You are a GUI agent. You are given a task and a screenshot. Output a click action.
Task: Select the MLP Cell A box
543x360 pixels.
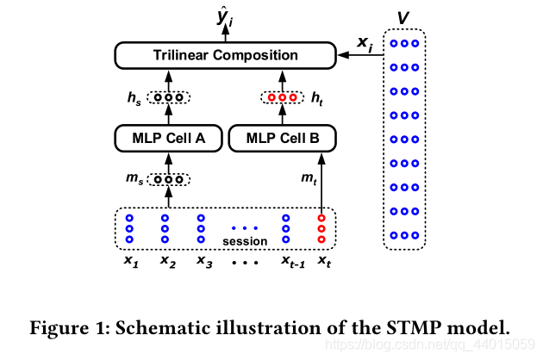click(169, 137)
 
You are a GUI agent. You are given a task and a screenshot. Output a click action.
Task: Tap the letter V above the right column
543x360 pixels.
click(403, 17)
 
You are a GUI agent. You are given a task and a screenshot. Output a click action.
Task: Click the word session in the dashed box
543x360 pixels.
click(246, 240)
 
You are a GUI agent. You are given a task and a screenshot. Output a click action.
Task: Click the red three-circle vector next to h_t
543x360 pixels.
click(282, 97)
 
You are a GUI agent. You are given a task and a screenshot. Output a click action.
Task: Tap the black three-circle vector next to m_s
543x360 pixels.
click(169, 179)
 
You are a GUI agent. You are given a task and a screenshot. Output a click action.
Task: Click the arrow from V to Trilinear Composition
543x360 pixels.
click(358, 55)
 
